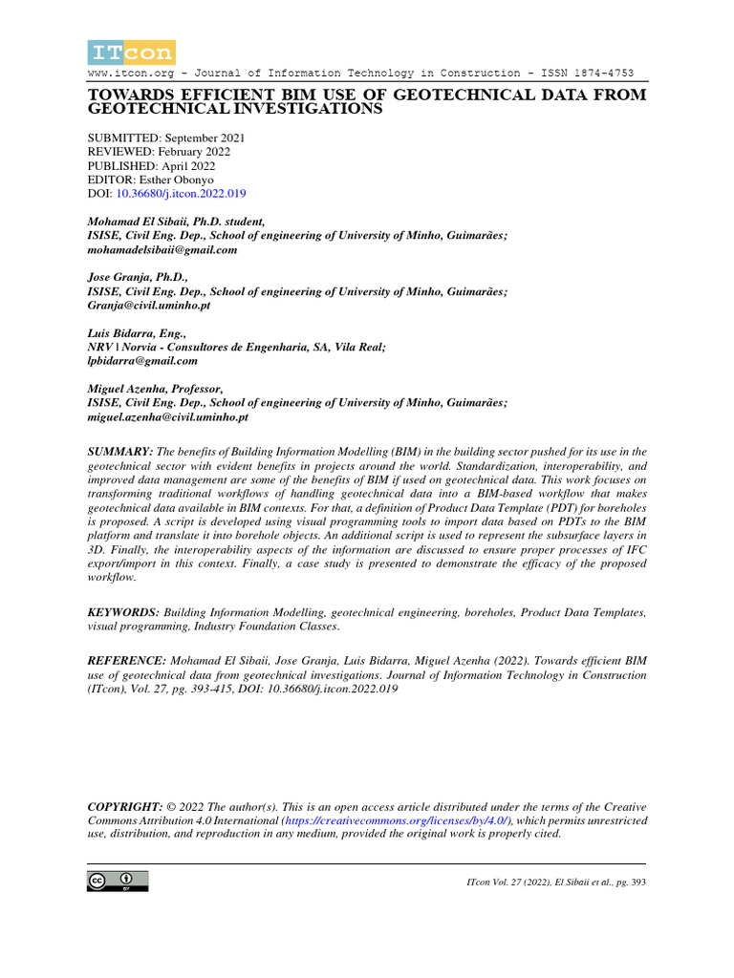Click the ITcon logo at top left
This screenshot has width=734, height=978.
click(131, 53)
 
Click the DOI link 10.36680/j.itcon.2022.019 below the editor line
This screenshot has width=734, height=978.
click(181, 193)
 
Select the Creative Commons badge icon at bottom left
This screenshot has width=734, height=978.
click(118, 881)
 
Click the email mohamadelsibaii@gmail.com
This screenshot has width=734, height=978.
click(162, 249)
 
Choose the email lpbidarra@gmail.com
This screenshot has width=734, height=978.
click(142, 362)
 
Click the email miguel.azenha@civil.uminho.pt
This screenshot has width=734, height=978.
click(168, 417)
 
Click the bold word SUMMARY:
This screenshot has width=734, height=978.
click(120, 451)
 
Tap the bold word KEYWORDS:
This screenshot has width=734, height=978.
click(124, 611)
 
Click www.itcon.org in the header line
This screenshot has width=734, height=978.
click(125, 74)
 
